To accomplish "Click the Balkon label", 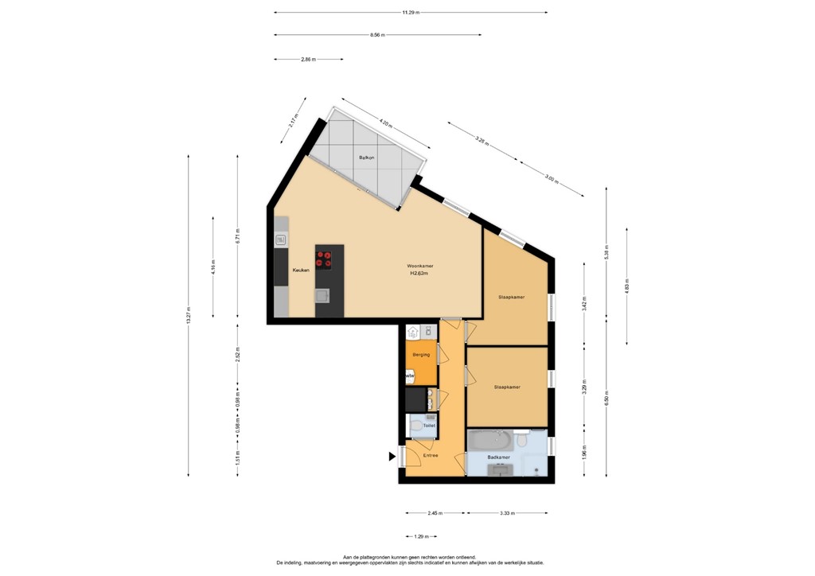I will pos(366,158).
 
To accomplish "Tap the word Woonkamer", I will pos(419,266).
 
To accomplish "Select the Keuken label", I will pos(300,270).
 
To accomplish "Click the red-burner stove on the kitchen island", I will pos(324,258).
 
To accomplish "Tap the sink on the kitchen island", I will pos(323,296).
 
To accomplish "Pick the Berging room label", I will pos(421,355).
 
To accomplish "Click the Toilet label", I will pos(428,426).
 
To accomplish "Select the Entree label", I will pos(430,456).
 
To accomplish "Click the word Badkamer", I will pos(498,457).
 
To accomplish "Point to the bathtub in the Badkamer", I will pos(491,438).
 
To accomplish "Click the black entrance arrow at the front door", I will pos(392,457).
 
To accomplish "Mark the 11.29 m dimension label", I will pos(411,13).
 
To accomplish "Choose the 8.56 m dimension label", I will pos(377,35).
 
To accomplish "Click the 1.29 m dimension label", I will pos(421,536).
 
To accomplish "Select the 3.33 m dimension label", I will pos(507,514).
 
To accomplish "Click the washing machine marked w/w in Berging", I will pos(410,376).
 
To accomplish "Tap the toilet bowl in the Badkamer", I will pos(521,438).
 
